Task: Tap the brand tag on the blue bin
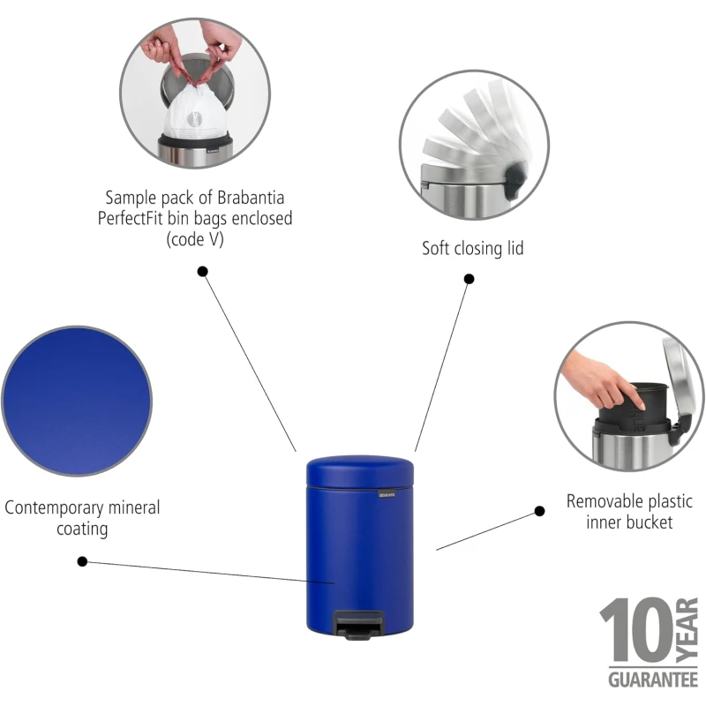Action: point(387,494)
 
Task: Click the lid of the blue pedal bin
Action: point(360,471)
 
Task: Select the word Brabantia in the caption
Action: point(251,198)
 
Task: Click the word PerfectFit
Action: point(130,218)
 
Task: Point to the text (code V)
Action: point(195,239)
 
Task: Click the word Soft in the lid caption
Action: point(436,249)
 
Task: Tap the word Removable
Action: point(605,501)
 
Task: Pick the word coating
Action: point(82,529)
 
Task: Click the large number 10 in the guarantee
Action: point(637,629)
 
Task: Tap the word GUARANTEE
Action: point(653,680)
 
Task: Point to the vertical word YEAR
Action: point(687,630)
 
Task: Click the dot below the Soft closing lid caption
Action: point(469,279)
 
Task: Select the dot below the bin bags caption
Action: point(203,272)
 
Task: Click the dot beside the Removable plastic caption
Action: point(539,511)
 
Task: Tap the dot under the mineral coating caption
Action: point(82,561)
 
